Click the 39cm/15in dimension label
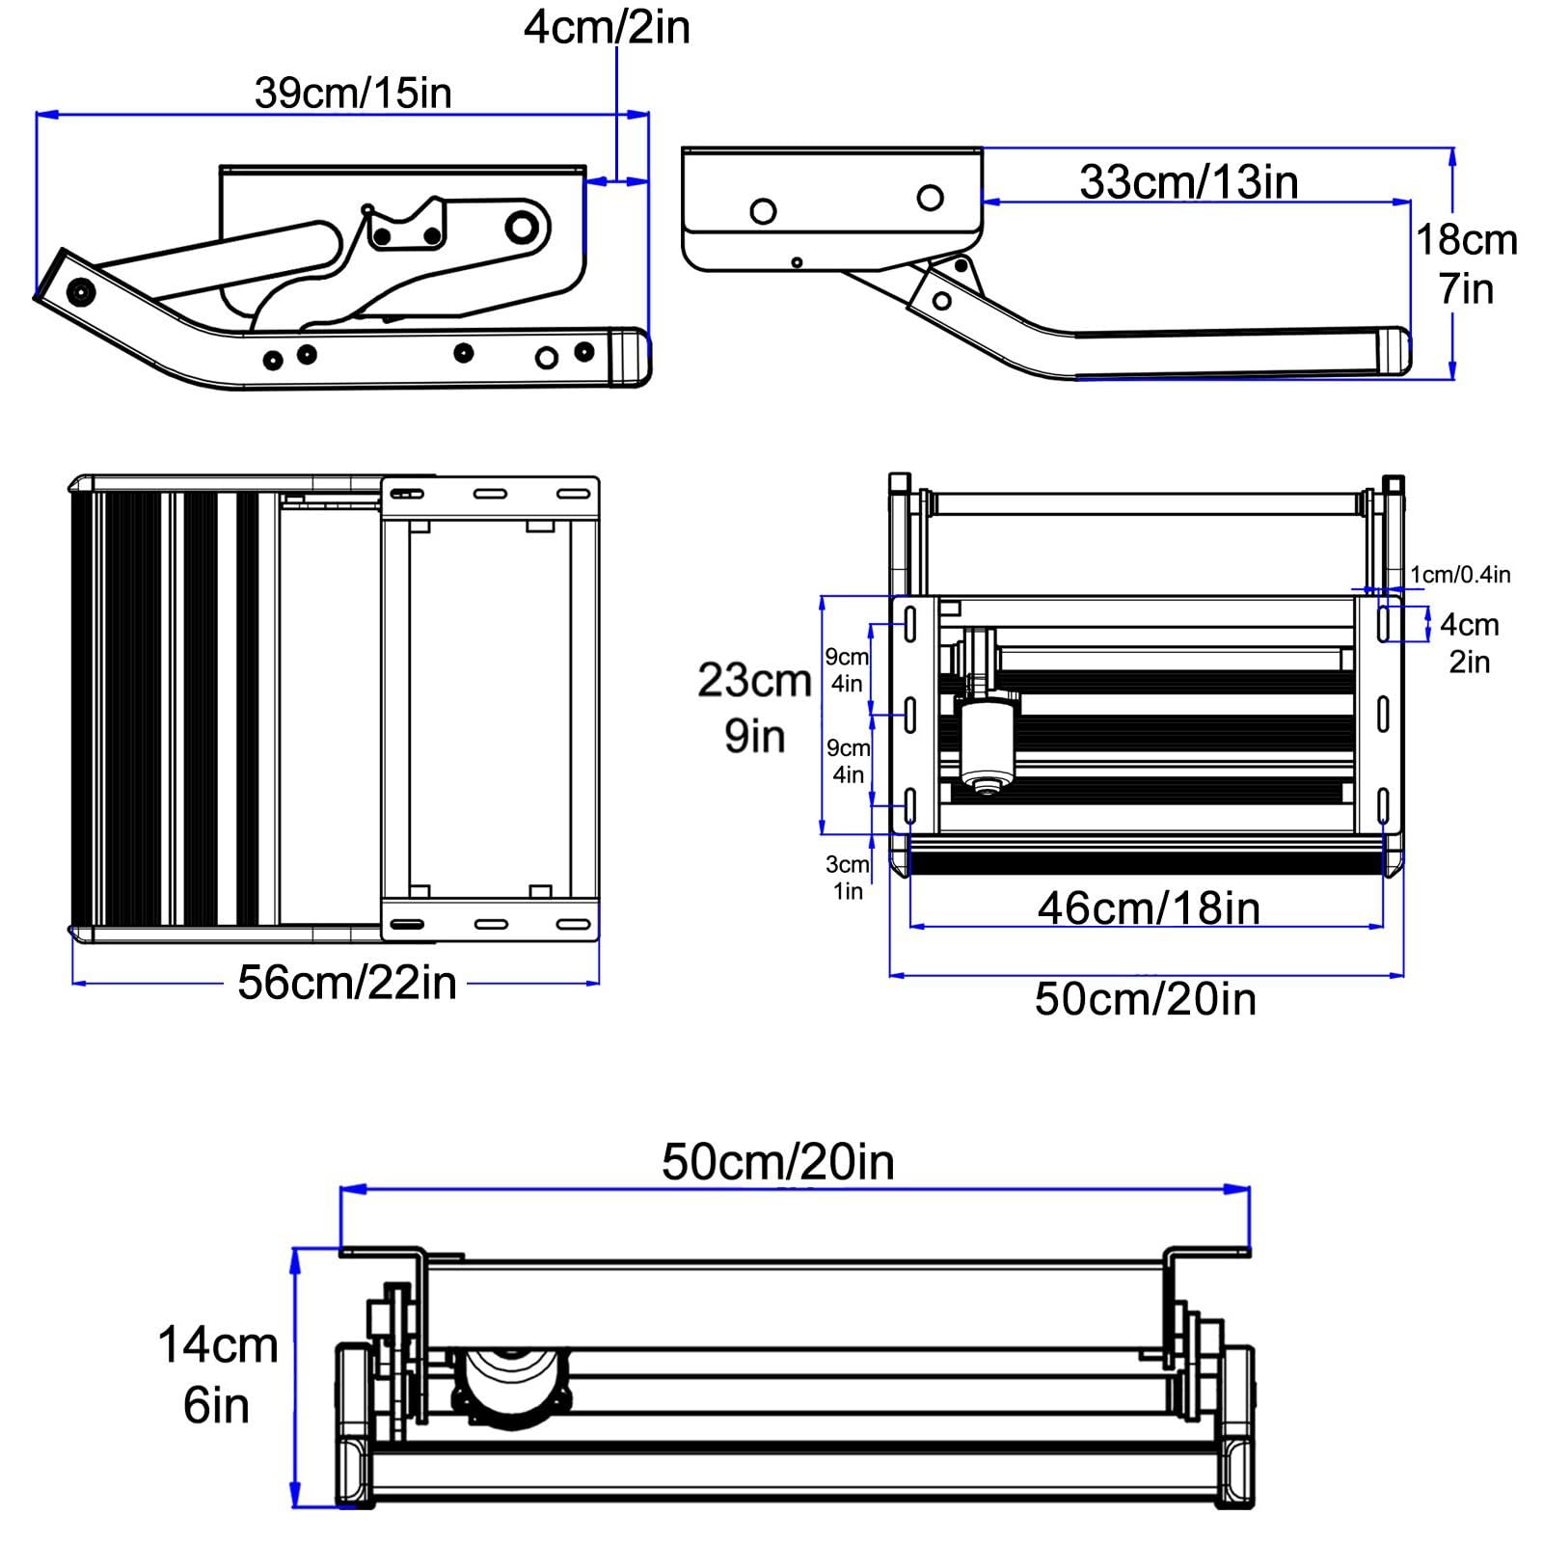(353, 94)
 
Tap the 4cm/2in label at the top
(607, 27)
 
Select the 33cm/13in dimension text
(1189, 182)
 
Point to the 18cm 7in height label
(1467, 264)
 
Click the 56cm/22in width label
(347, 983)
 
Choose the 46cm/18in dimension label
(1149, 908)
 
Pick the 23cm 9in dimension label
(755, 708)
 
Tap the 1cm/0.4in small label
(1460, 575)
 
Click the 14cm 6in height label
(218, 1375)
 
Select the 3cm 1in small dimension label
(847, 878)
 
